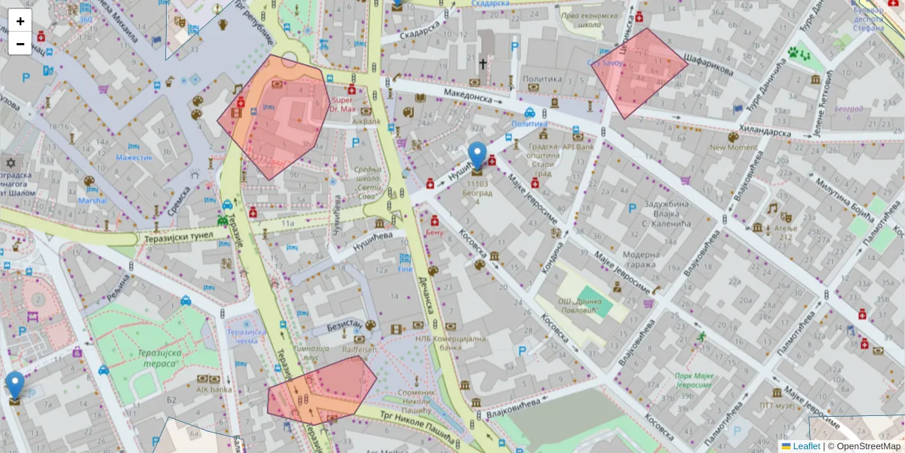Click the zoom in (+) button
[x=20, y=21]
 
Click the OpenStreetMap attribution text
[x=867, y=446]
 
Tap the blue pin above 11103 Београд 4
[x=477, y=156]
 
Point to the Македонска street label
[x=467, y=95]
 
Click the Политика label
[x=542, y=79]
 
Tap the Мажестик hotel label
[x=134, y=157]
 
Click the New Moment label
[x=733, y=148]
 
